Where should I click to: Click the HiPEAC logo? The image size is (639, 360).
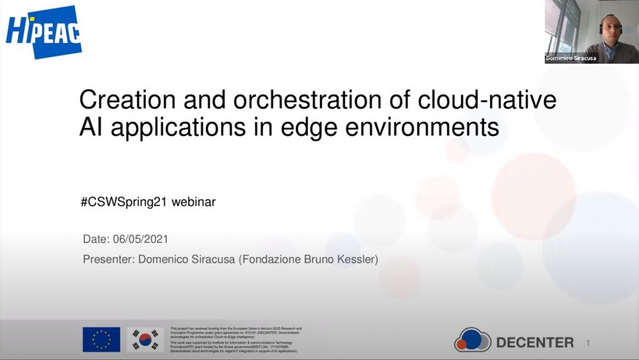tap(44, 31)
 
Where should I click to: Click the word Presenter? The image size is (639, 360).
tap(108, 259)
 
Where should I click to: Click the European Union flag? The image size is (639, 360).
tap(101, 339)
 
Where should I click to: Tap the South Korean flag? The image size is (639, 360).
tap(145, 339)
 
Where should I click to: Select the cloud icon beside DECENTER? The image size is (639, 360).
tap(472, 340)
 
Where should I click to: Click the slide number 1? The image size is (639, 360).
tap(588, 343)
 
